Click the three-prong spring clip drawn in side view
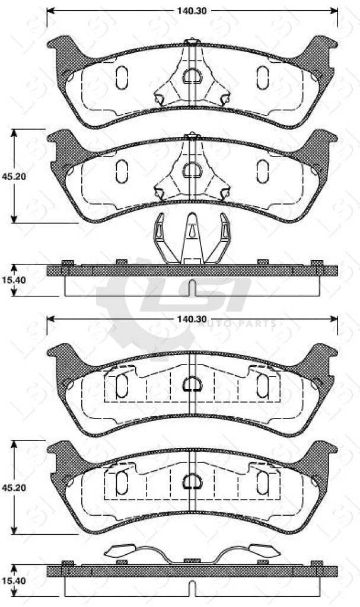192,238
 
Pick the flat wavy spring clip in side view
192,552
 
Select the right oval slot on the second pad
263,171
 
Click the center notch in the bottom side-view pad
192,587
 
